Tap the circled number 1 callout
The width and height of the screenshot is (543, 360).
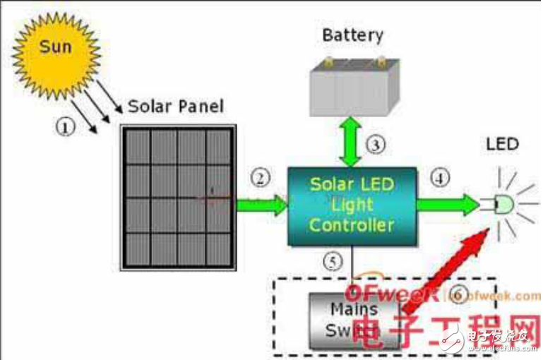pos(65,127)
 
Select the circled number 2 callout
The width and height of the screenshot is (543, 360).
pos(261,178)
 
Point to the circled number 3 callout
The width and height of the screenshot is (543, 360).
pos(376,145)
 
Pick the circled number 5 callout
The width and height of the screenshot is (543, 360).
pos(333,260)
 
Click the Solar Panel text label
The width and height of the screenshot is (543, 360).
pos(175,107)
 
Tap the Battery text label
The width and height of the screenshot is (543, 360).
pos(352,35)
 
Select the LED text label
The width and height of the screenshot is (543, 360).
pos(502,145)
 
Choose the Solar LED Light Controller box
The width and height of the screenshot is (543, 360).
pos(352,205)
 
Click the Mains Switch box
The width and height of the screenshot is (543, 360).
pos(352,320)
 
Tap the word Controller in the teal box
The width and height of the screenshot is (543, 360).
pos(352,225)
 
